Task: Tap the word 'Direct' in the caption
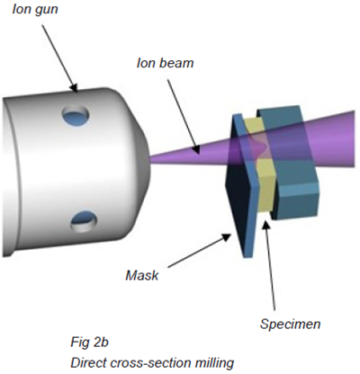coord(87,361)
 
